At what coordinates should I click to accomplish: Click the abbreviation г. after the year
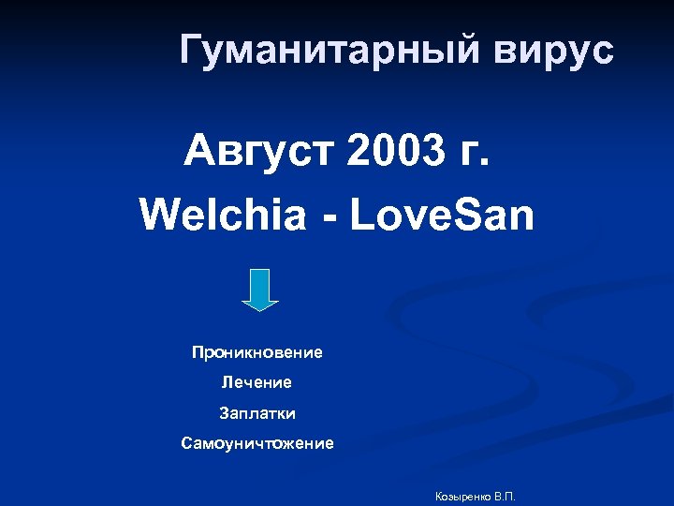click(x=470, y=151)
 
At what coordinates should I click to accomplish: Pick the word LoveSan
click(x=441, y=216)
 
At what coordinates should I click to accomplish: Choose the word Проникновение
click(x=256, y=353)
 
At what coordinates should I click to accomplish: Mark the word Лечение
click(x=256, y=383)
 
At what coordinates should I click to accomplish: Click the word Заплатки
click(x=256, y=413)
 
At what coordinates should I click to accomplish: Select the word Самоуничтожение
click(x=256, y=443)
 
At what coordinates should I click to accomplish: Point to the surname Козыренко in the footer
click(x=463, y=495)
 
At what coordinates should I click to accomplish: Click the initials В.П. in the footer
click(x=505, y=495)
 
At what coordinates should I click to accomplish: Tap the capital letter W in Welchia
click(x=158, y=216)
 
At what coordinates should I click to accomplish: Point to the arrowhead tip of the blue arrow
click(x=260, y=308)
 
